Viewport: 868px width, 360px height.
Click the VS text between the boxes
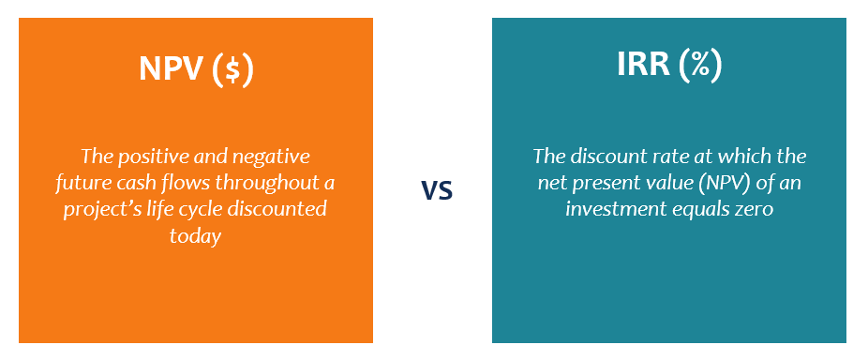437,190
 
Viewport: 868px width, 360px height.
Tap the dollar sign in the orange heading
233,69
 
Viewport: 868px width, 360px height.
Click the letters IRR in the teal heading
641,66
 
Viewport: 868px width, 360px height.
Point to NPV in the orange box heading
172,69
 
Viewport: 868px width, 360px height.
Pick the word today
195,236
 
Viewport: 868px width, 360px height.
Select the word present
605,184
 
